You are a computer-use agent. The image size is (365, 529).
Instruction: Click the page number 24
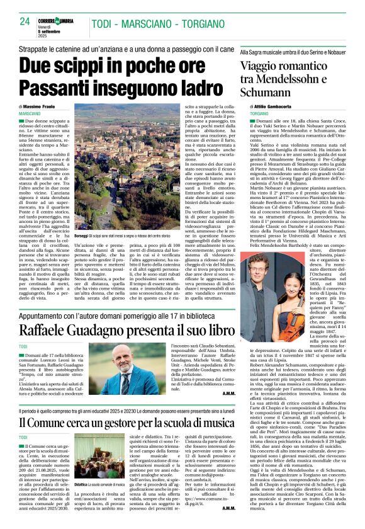25,21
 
